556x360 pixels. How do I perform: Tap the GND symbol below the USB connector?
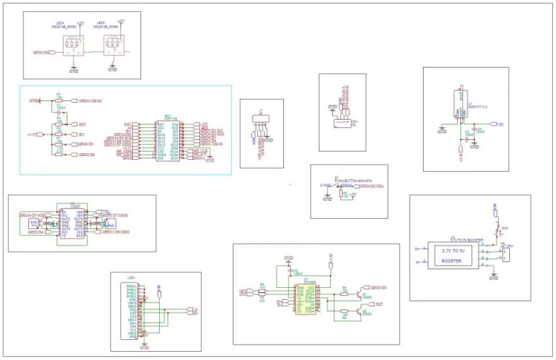click(x=145, y=346)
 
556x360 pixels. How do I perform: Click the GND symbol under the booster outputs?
click(x=494, y=276)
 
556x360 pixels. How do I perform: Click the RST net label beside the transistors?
click(x=379, y=304)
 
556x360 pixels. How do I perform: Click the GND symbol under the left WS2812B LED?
click(x=73, y=71)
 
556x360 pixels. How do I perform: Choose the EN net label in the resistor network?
click(x=82, y=135)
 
